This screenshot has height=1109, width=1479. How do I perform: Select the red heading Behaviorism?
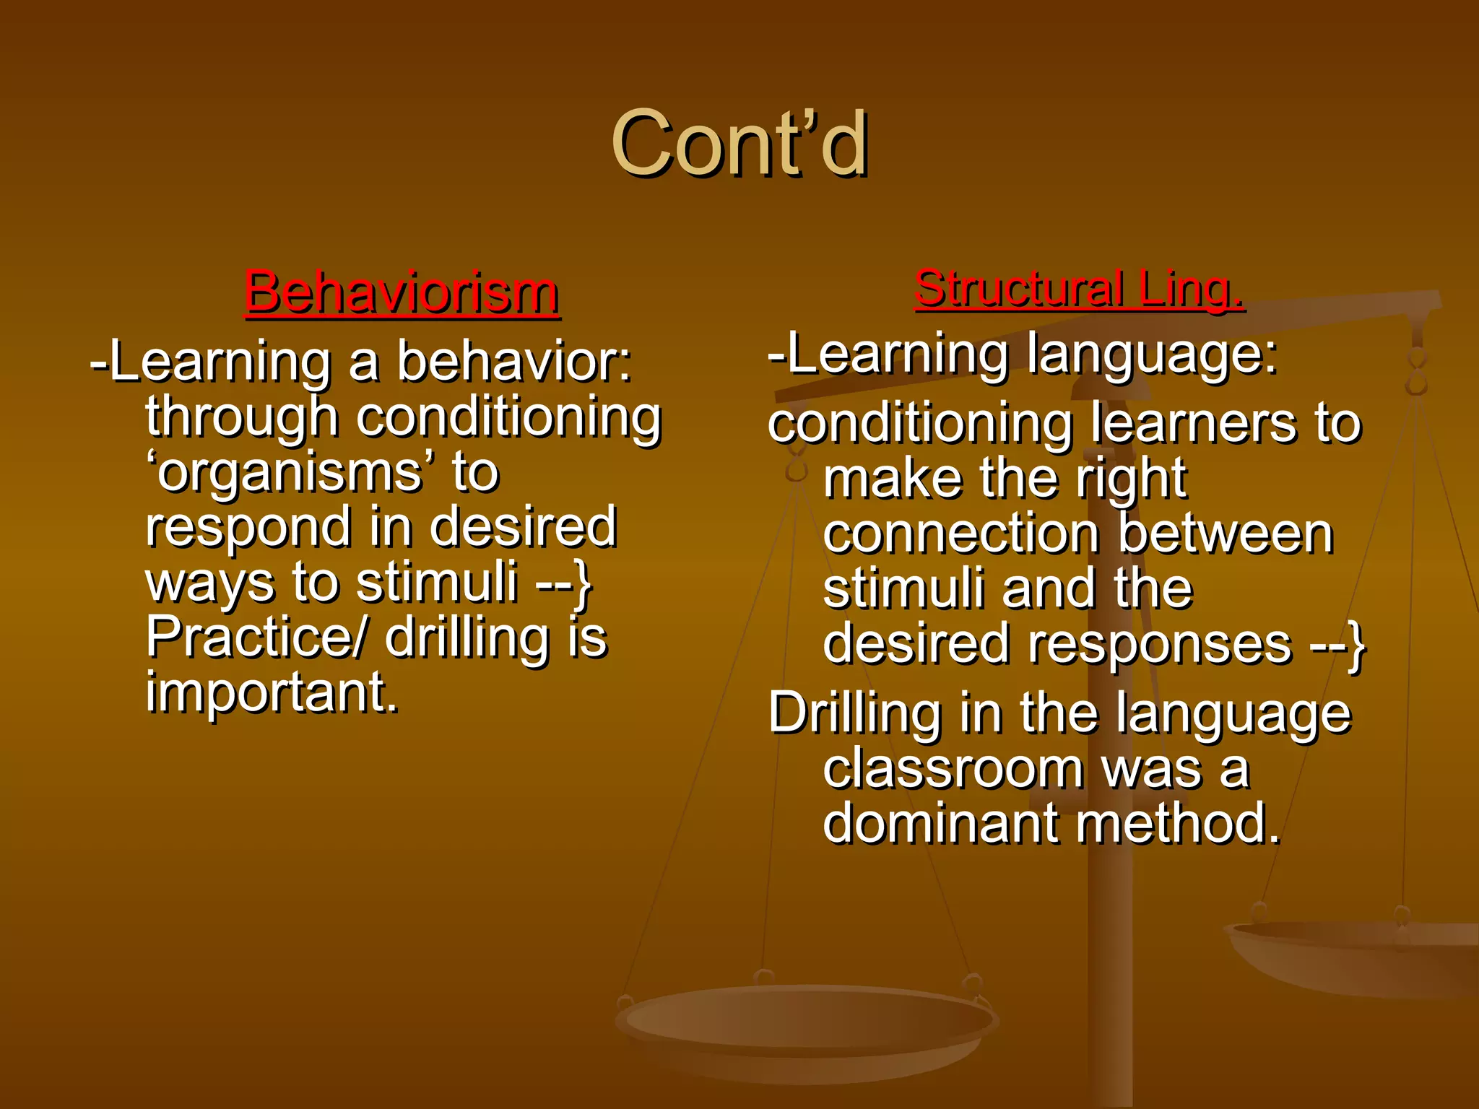coord(402,292)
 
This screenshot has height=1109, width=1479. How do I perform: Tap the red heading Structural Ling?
coord(1078,289)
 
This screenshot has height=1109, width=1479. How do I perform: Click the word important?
coord(272,692)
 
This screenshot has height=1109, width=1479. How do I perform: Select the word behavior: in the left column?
coord(514,361)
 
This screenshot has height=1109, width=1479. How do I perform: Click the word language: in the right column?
coord(1152,354)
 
